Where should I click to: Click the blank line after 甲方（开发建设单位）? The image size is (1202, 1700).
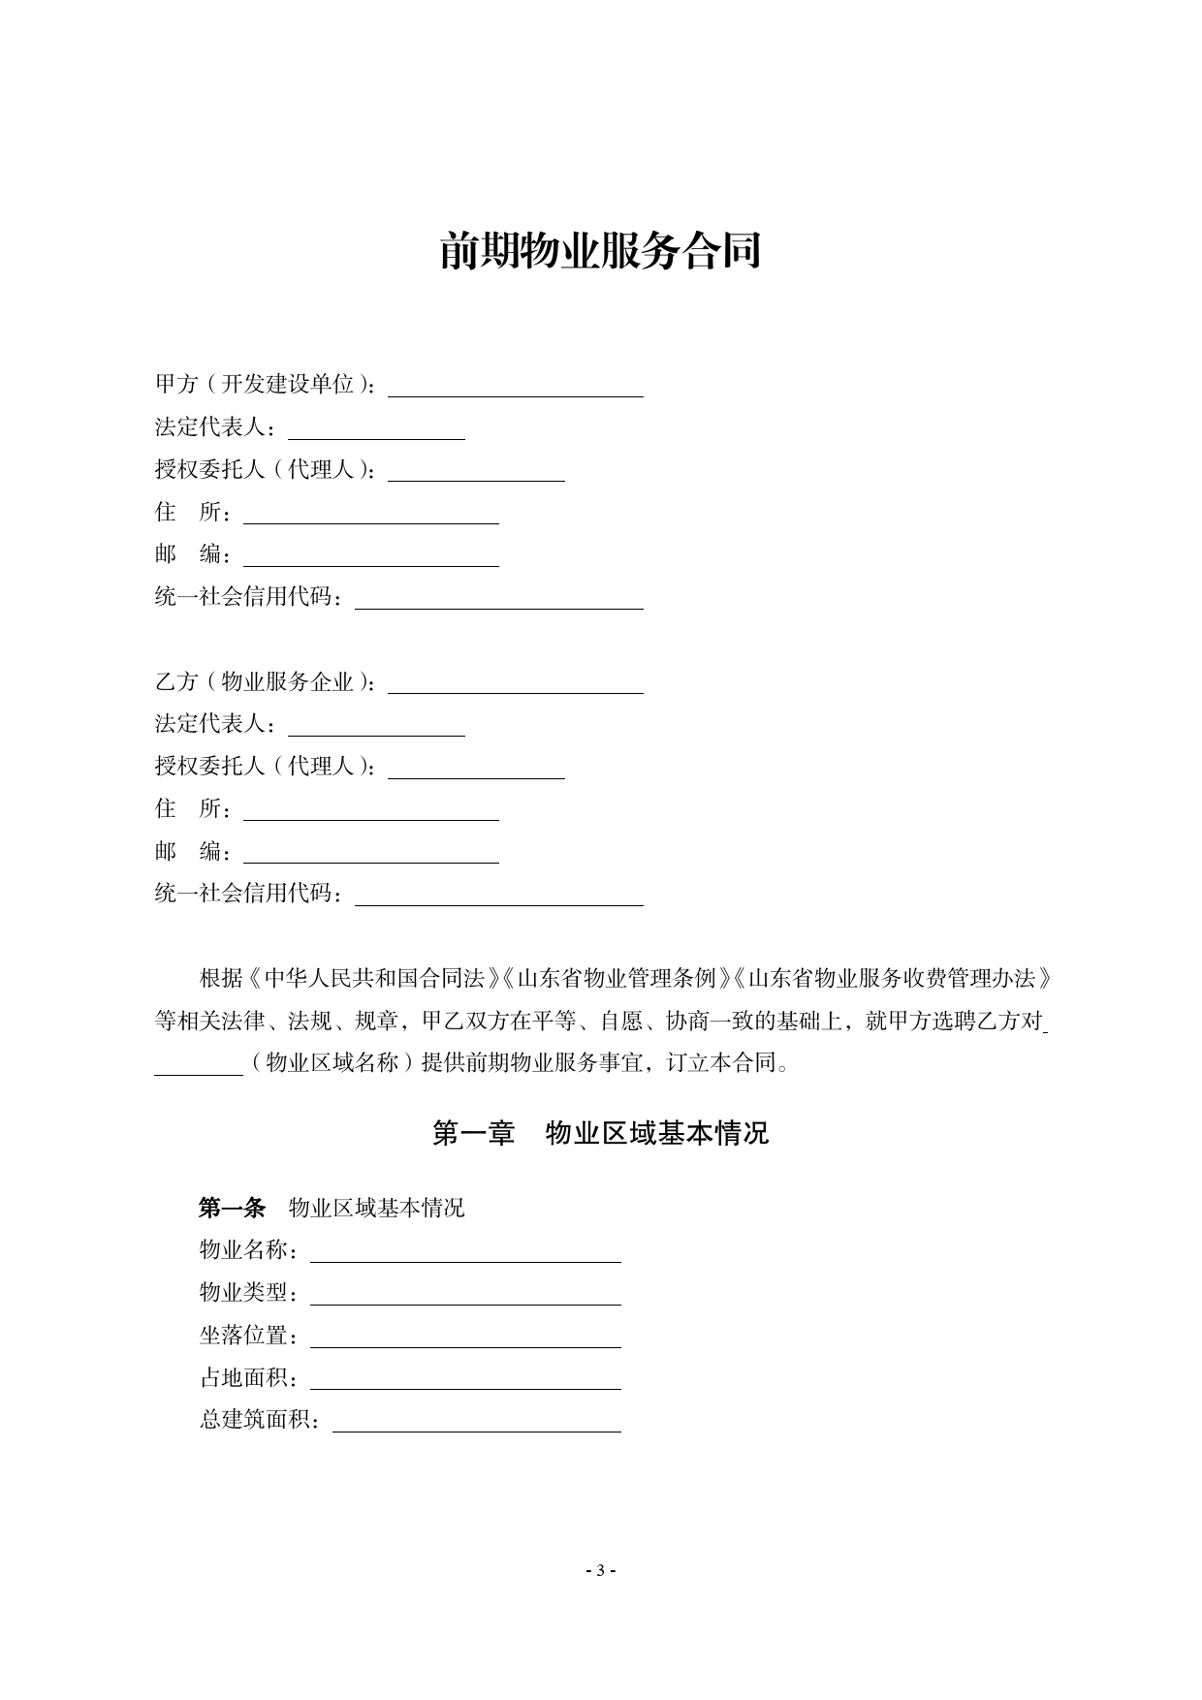click(515, 387)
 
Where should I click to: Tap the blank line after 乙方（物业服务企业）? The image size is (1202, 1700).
click(515, 683)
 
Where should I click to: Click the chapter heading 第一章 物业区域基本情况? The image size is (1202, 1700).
click(600, 1133)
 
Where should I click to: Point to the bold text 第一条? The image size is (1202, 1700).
click(232, 1208)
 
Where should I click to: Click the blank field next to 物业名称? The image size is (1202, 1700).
click(465, 1252)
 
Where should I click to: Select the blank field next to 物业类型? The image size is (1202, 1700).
click(465, 1295)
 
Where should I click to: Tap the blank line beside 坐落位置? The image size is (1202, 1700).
click(465, 1338)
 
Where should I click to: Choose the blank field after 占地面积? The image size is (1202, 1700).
click(465, 1379)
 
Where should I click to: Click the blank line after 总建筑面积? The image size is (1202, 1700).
click(476, 1422)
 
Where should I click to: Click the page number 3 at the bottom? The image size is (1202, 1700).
click(600, 1571)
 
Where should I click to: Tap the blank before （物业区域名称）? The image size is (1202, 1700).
click(199, 1064)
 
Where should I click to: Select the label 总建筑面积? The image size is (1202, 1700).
click(260, 1421)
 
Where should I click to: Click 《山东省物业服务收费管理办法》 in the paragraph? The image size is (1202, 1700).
click(892, 978)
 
